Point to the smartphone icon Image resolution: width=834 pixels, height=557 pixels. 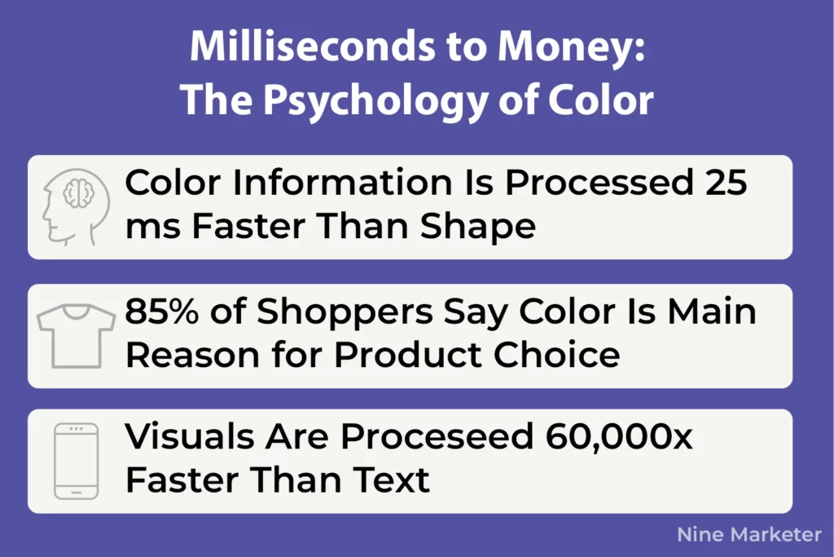click(x=76, y=461)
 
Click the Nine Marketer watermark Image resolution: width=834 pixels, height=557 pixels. click(x=748, y=535)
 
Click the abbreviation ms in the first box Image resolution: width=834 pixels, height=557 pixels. click(x=151, y=226)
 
